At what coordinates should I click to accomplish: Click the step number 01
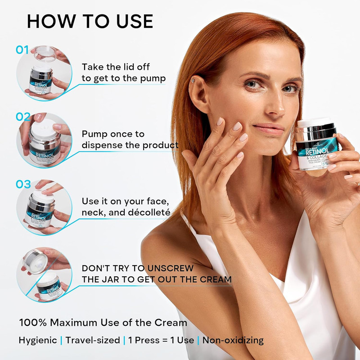[22, 49]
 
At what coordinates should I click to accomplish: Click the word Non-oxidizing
[233, 340]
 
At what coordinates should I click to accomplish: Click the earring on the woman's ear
[192, 81]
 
